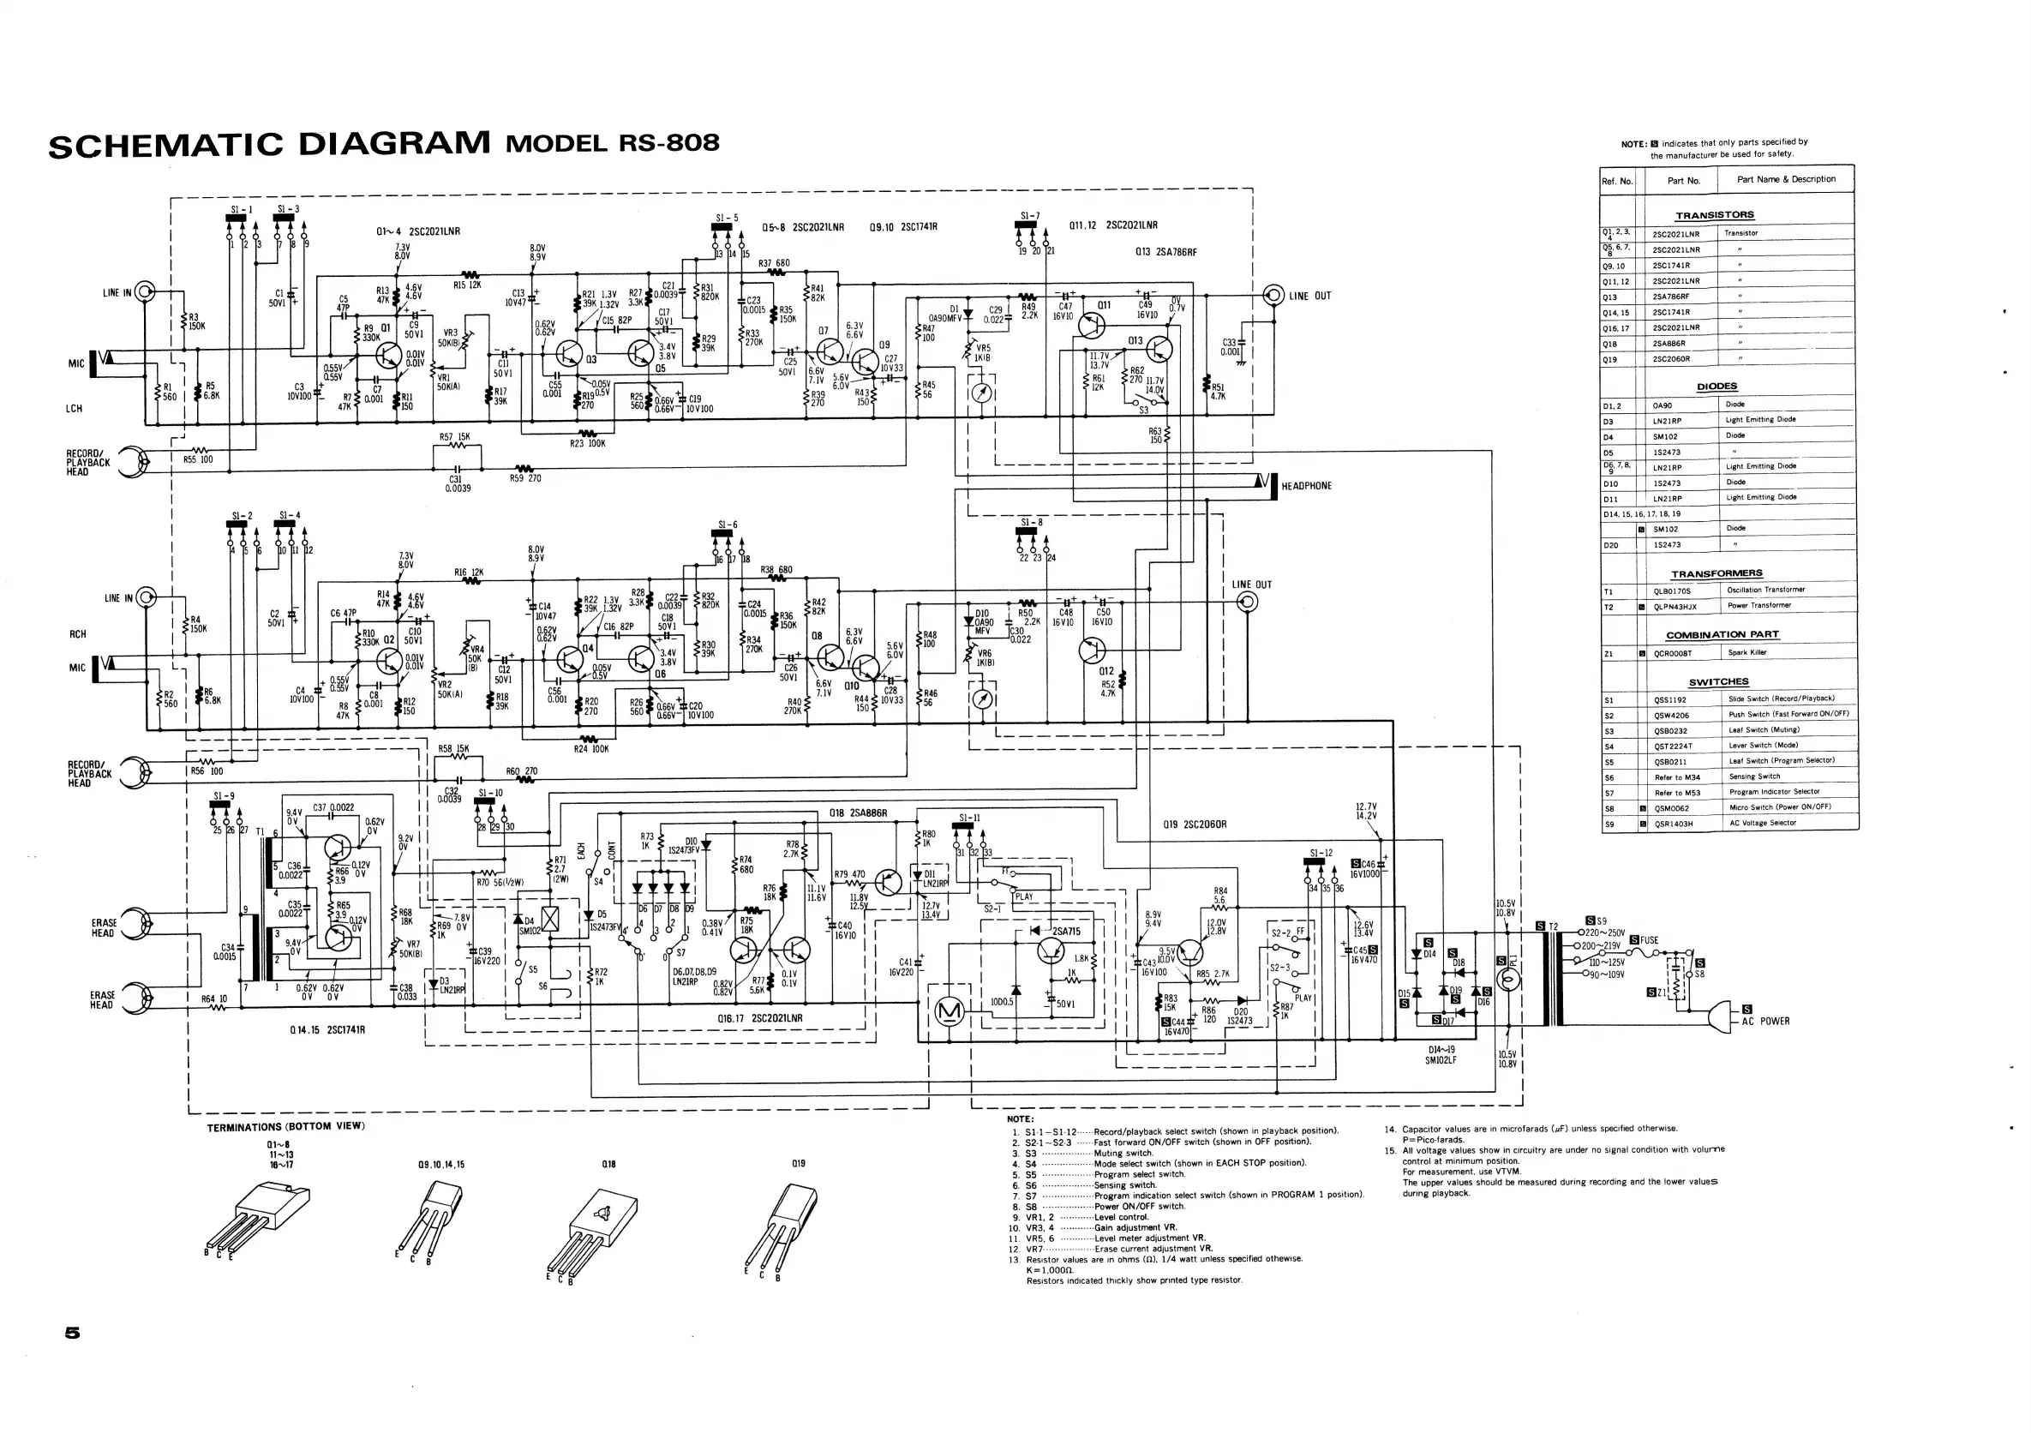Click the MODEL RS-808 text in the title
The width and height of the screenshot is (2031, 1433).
[612, 142]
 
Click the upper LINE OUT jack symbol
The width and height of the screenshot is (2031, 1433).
[1273, 295]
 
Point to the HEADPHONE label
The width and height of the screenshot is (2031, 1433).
[1306, 486]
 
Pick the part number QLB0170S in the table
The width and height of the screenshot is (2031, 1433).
[1672, 590]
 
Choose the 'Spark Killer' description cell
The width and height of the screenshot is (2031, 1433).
[1747, 653]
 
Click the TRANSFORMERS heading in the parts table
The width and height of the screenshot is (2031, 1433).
[1716, 573]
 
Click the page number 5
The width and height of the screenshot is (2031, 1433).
[73, 1332]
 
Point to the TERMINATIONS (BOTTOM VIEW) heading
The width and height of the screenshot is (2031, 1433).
[285, 1126]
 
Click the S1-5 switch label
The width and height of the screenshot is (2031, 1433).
[727, 217]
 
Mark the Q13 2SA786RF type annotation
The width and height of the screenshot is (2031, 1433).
[1165, 252]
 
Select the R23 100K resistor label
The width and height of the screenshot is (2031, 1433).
[587, 443]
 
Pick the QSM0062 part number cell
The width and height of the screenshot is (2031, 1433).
[1672, 807]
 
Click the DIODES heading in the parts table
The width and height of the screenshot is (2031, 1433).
[1717, 387]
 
